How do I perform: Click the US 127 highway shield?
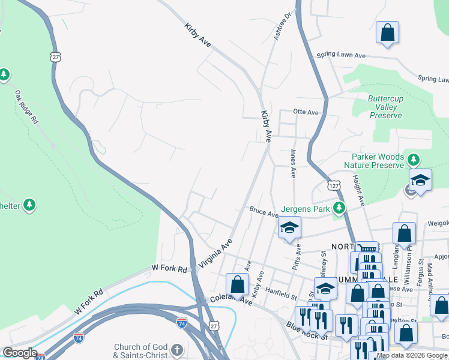334,183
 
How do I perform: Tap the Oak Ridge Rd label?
27,107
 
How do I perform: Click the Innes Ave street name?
293,164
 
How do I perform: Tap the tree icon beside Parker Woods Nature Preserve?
413,160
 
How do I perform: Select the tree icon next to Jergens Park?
339,208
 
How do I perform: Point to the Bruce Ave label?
264,212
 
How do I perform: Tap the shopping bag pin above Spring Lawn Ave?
387,32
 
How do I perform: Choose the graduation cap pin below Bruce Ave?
289,228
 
